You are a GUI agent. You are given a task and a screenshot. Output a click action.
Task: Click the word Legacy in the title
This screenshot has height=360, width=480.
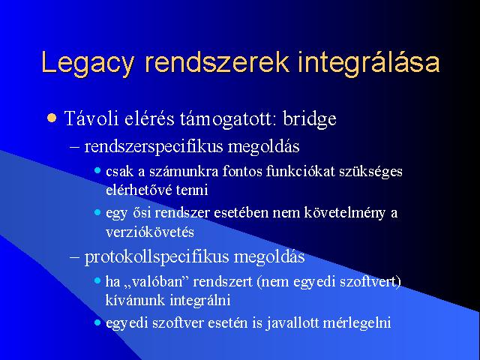88,63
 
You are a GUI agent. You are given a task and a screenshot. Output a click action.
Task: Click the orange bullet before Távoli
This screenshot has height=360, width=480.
52,118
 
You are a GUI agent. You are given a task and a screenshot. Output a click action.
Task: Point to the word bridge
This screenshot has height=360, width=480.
310,118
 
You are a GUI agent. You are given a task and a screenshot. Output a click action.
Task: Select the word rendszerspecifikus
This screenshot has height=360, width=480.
153,146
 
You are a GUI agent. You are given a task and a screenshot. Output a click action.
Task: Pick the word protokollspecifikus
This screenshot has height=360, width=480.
157,256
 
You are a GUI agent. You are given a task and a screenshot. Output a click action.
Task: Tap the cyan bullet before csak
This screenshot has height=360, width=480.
97,170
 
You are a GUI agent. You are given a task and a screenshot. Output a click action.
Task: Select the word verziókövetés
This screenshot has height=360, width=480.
150,232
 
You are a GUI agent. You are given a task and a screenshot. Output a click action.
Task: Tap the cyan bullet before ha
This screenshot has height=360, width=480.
97,280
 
